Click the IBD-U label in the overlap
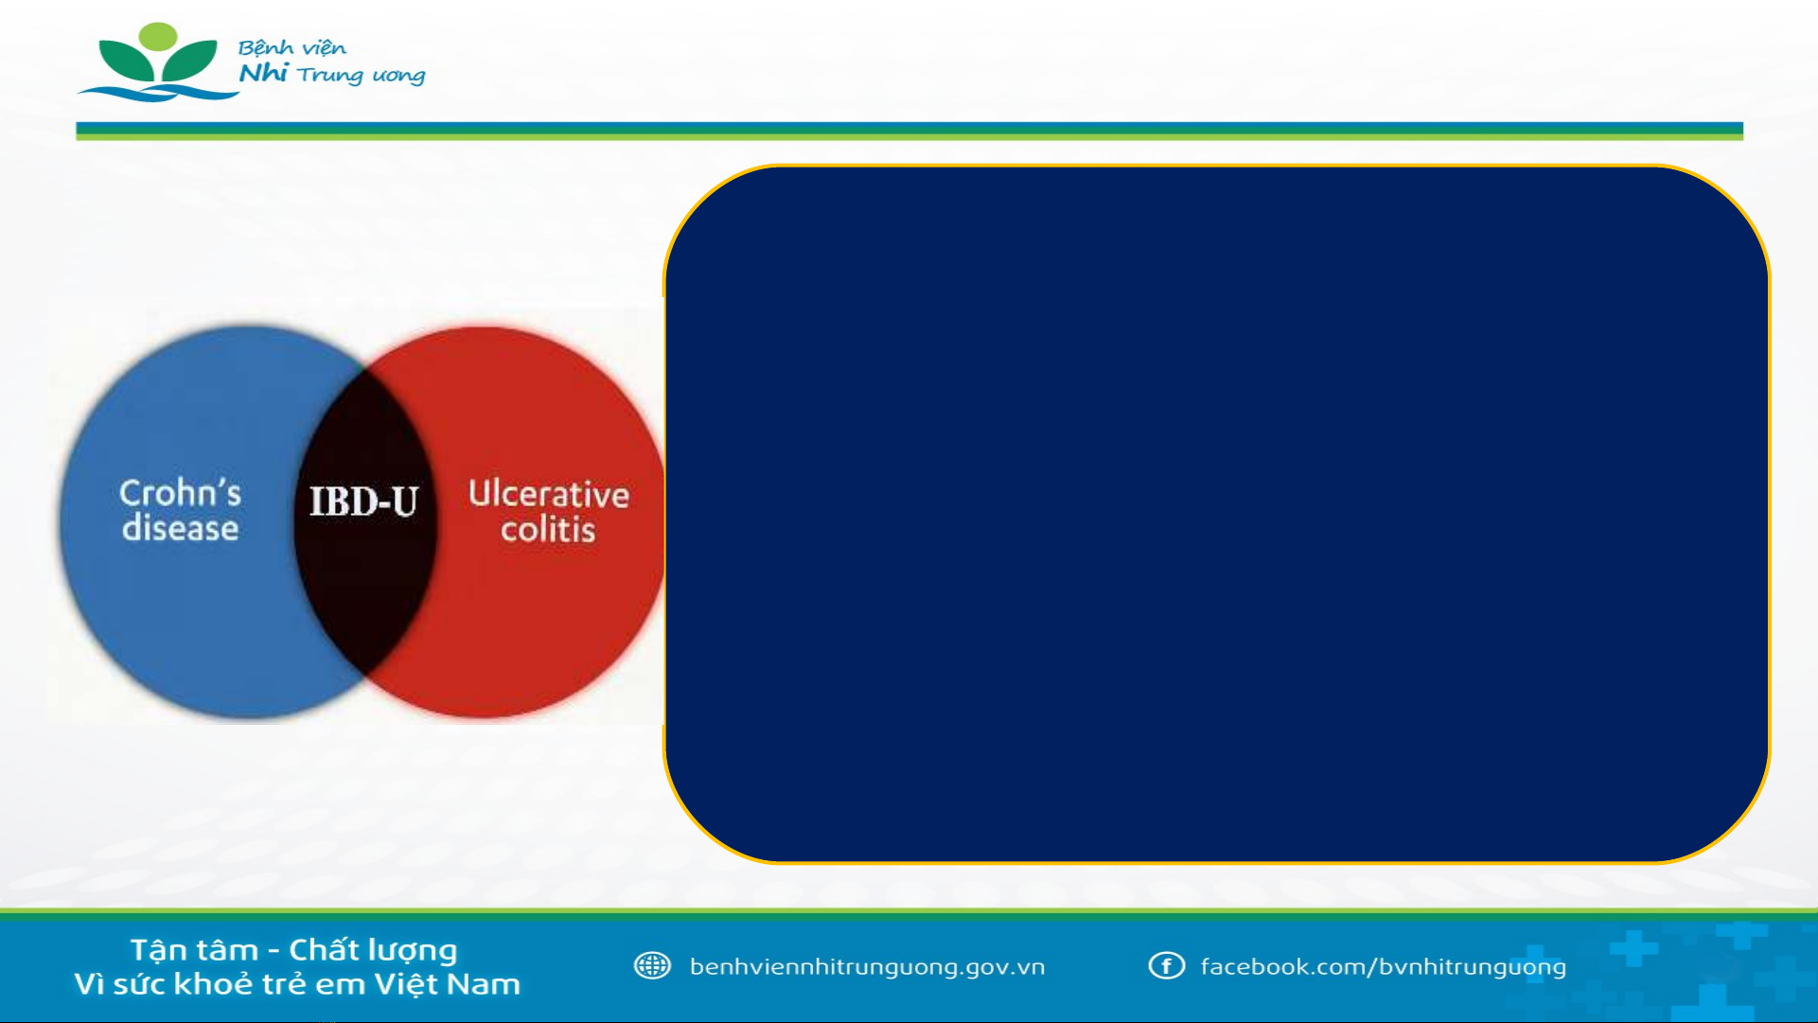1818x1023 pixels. (363, 502)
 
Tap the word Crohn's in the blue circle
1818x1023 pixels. (180, 493)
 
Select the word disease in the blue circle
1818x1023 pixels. (180, 528)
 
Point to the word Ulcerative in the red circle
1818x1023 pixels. (549, 494)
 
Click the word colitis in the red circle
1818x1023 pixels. (548, 530)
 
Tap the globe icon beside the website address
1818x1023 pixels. (652, 965)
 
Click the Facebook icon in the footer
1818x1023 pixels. (1166, 965)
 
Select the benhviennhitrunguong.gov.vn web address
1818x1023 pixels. (867, 967)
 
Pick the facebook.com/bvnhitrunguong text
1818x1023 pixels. (1383, 967)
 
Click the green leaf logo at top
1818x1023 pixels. (158, 62)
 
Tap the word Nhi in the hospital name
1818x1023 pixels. (262, 73)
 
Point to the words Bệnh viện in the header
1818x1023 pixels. (291, 47)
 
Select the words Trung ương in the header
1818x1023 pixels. (361, 76)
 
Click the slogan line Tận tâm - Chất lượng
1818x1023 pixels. (293, 950)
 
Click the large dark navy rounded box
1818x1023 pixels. (1216, 514)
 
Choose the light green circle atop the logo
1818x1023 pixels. (158, 37)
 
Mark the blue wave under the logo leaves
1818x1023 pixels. (158, 93)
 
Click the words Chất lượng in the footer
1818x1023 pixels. (373, 950)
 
